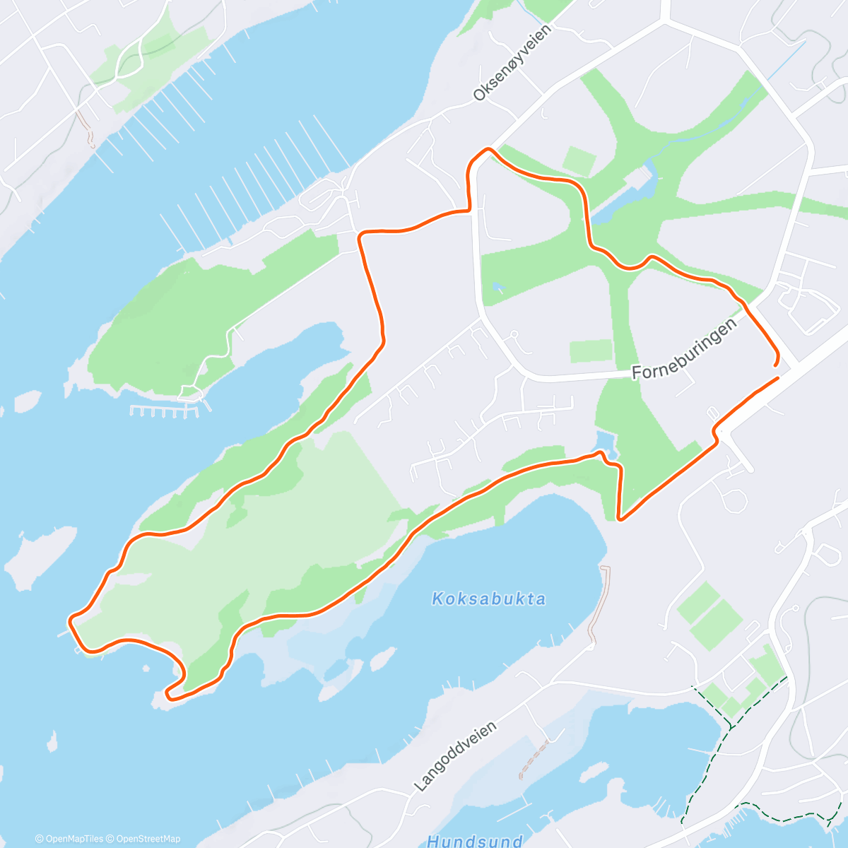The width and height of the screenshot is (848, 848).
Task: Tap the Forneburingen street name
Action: tap(684, 348)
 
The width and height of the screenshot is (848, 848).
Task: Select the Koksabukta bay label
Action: tap(488, 599)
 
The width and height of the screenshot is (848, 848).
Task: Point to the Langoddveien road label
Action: tap(455, 756)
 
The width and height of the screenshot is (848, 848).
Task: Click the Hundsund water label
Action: tap(474, 841)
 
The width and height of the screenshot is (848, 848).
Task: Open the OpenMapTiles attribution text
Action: tap(69, 839)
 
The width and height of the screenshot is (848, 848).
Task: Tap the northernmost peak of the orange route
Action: tap(486, 149)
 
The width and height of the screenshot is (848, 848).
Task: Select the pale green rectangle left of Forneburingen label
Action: tap(591, 351)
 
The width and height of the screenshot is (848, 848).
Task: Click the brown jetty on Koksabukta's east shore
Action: tap(599, 605)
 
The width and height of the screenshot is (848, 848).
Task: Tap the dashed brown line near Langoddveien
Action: tap(534, 760)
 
